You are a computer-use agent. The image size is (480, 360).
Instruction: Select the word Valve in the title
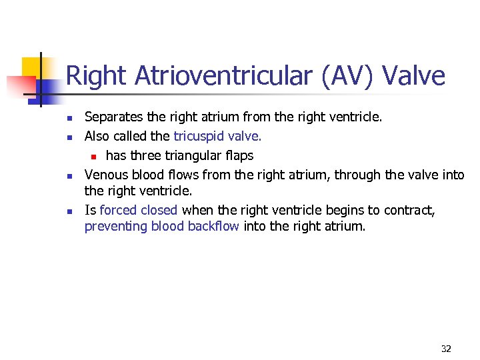coord(415,77)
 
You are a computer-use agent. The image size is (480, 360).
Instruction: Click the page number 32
coord(446,349)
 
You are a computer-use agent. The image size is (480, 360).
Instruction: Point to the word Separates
coord(113,118)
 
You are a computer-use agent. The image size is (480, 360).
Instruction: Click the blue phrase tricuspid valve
coord(218,137)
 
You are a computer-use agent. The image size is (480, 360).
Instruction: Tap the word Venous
coord(106,175)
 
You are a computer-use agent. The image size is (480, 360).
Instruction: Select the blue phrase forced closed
coord(139,211)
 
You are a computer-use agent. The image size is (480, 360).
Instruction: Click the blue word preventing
coord(116,227)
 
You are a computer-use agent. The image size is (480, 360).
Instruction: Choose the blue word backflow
coord(213,227)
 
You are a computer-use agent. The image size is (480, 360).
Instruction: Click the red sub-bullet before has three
coord(95,157)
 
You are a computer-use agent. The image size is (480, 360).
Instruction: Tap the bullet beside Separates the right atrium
coord(69,119)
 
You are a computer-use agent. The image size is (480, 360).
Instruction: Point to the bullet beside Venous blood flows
coord(69,176)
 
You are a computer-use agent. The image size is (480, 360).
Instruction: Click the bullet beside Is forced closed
coord(69,211)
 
